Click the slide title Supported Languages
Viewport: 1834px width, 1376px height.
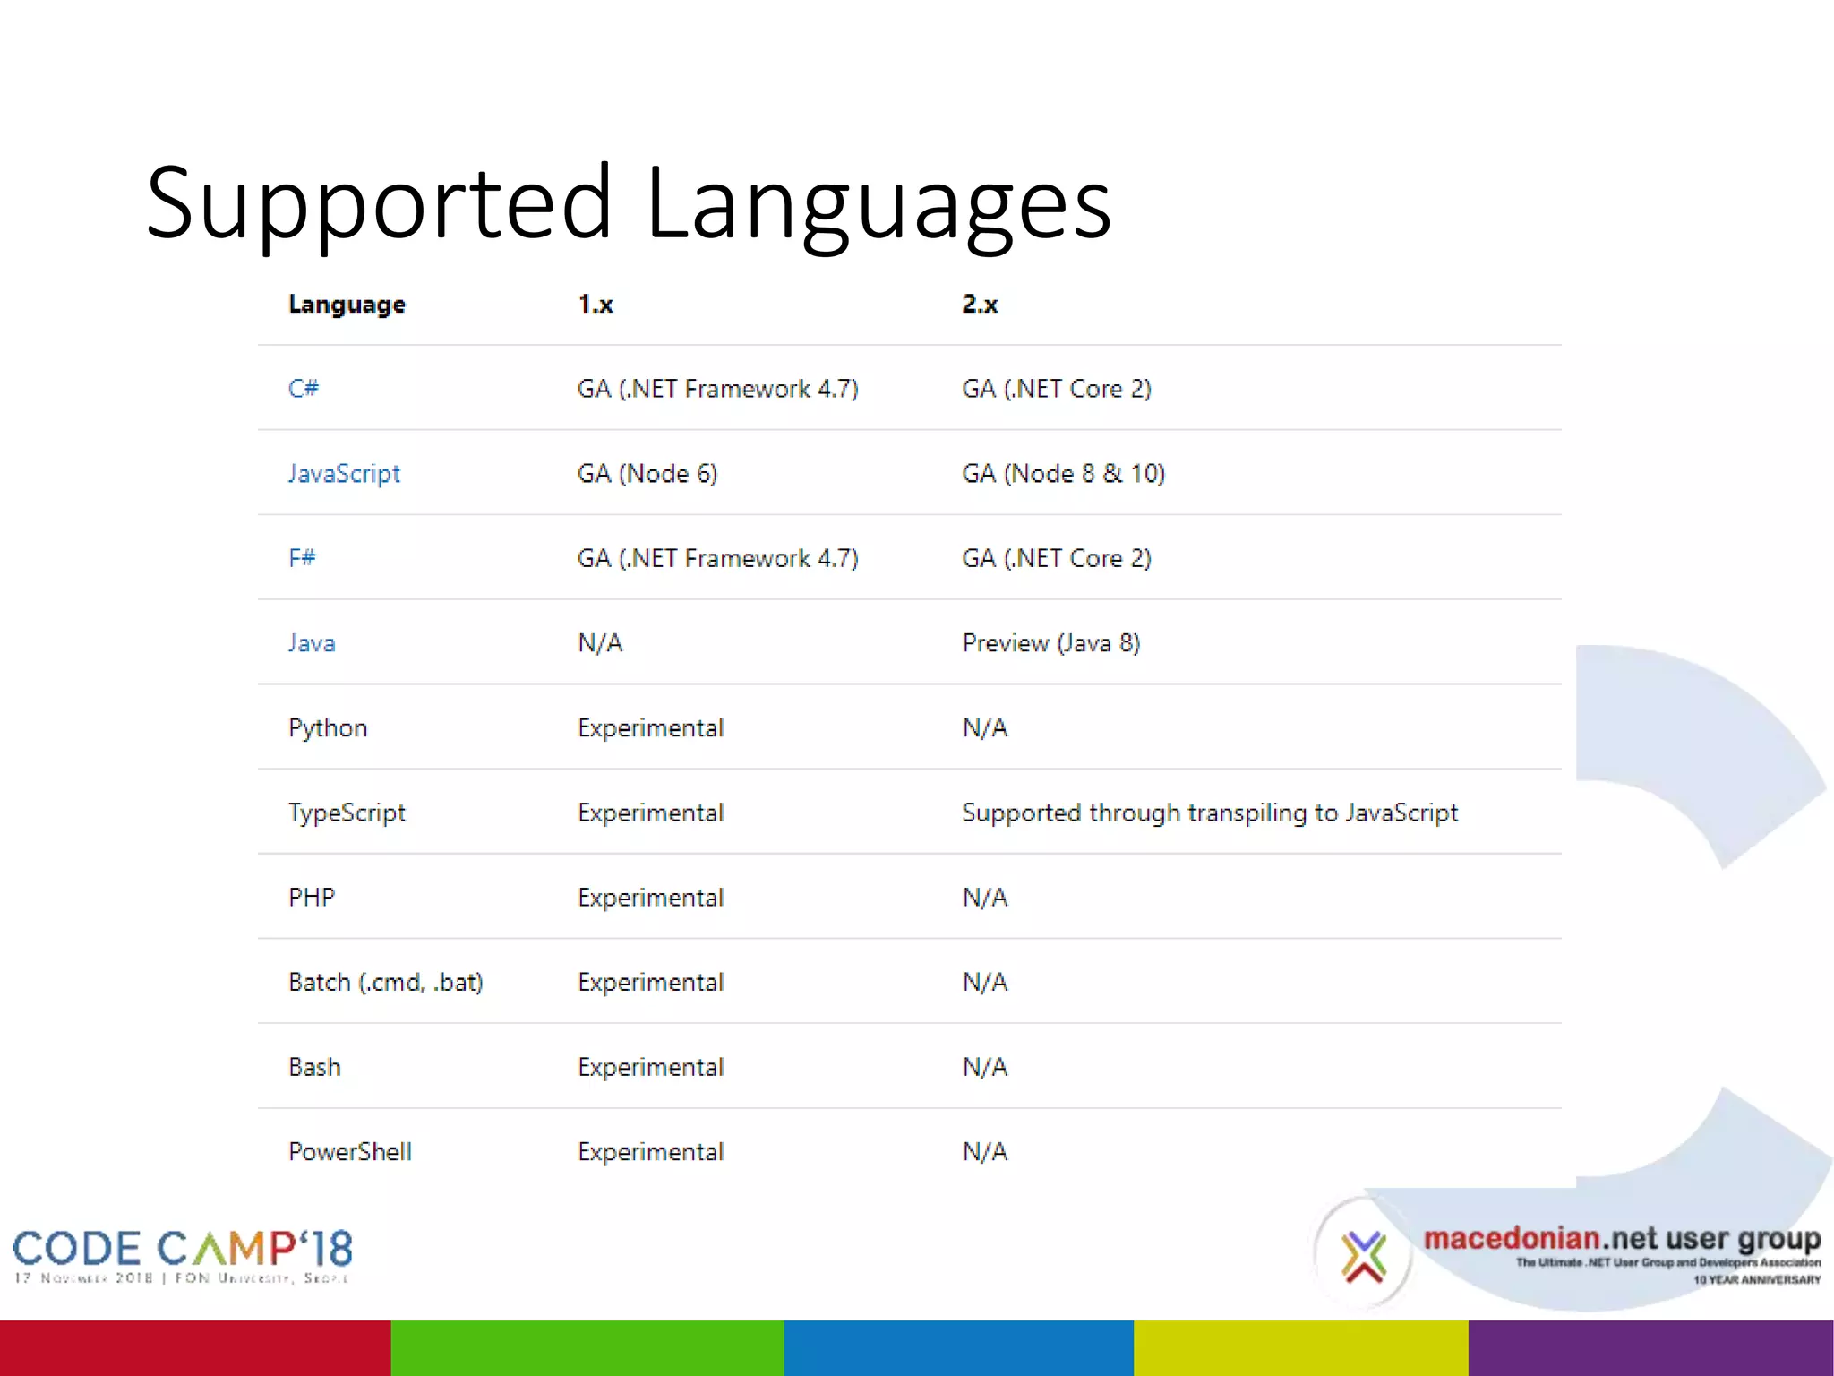tap(628, 204)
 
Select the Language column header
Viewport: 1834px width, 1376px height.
tap(347, 305)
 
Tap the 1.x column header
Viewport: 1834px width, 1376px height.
tap(596, 305)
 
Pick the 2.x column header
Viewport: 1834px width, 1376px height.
tap(980, 305)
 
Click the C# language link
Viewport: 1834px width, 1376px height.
tap(304, 389)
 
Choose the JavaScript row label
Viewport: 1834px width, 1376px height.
tap(344, 474)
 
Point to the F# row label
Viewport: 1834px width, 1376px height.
tap(302, 558)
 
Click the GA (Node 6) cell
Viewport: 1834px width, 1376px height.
tap(647, 474)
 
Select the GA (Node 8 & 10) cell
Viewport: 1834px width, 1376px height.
tap(1063, 474)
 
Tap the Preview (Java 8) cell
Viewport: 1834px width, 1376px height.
tap(1050, 643)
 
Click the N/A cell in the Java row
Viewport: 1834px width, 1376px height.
tap(600, 643)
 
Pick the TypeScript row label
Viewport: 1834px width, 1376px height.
tap(347, 813)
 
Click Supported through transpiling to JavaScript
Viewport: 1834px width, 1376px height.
tap(1210, 813)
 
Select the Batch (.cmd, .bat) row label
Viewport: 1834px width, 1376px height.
tap(386, 983)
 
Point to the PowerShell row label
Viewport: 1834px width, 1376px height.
tap(350, 1152)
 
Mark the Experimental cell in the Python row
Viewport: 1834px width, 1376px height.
tap(650, 728)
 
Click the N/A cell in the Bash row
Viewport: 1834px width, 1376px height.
tap(985, 1067)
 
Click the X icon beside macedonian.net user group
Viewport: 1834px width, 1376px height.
tap(1363, 1256)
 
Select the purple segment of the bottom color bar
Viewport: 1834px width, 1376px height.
tap(1650, 1347)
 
